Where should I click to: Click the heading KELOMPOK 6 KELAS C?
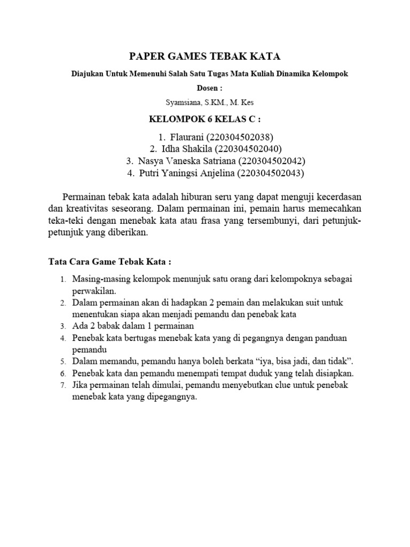[x=205, y=118]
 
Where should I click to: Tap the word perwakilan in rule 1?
[x=97, y=291]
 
